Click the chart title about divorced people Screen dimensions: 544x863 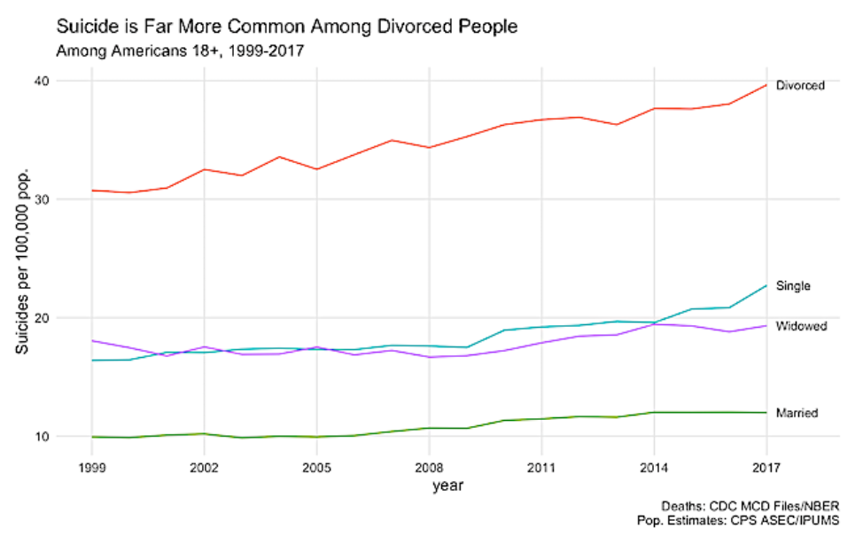[x=286, y=27]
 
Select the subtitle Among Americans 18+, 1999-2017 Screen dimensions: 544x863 [x=180, y=51]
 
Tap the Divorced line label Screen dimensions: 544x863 [x=800, y=86]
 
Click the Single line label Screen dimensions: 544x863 [x=793, y=286]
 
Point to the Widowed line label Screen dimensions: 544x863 [x=801, y=326]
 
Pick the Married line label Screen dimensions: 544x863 [x=797, y=413]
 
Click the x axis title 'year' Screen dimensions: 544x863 [x=448, y=486]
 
